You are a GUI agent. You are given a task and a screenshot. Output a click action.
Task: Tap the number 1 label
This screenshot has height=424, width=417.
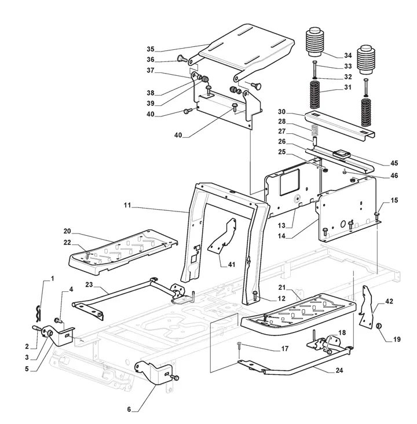pos(52,279)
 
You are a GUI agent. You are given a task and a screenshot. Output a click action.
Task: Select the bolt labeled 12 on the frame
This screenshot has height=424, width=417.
pos(254,296)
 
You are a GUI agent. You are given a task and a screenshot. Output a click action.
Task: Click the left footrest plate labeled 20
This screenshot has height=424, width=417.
pos(125,249)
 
